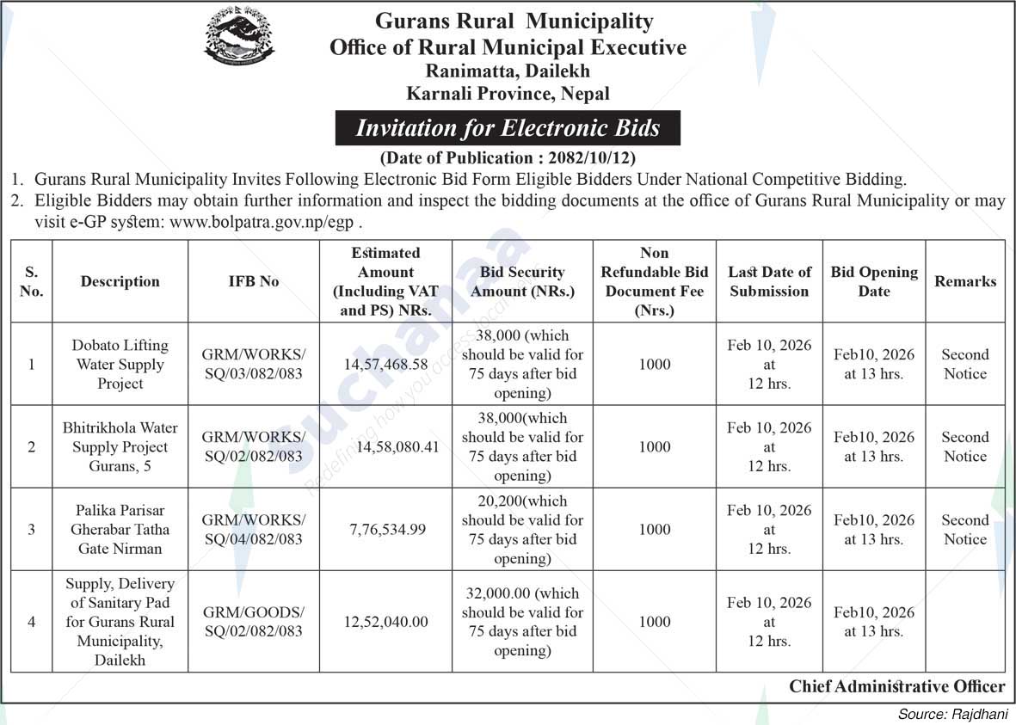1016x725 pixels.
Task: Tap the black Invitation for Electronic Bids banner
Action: tap(508, 128)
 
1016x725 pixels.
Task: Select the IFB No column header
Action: tap(253, 281)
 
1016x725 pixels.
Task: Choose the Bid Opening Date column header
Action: tap(873, 281)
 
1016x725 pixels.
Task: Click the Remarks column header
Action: tap(965, 281)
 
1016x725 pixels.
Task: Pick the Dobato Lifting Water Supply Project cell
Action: tap(120, 364)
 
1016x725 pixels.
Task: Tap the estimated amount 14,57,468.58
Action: tap(385, 364)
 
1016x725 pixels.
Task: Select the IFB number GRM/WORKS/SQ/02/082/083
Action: tap(253, 446)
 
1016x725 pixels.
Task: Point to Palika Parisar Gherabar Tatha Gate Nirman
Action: tap(120, 529)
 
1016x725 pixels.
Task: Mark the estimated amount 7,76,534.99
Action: tap(387, 529)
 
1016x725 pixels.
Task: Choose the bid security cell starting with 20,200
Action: tap(522, 529)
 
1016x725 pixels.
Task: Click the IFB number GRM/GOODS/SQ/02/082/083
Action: tap(253, 621)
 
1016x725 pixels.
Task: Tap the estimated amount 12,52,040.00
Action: tap(385, 621)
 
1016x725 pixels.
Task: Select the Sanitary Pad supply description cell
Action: tap(120, 621)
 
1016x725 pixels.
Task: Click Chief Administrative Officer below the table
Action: tap(896, 685)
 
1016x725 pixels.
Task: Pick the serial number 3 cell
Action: tap(32, 529)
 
